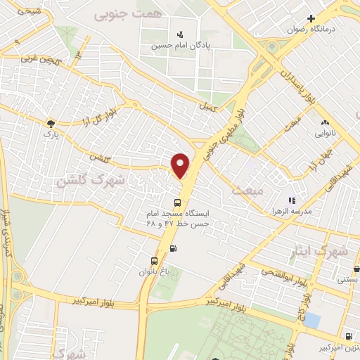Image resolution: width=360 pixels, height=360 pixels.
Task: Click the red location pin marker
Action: [x=181, y=165]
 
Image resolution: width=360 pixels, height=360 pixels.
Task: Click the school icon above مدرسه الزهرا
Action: [x=292, y=200]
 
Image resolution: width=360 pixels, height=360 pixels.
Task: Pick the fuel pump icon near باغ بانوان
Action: [x=173, y=247]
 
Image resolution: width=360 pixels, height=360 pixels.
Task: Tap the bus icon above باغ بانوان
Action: [x=155, y=261]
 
